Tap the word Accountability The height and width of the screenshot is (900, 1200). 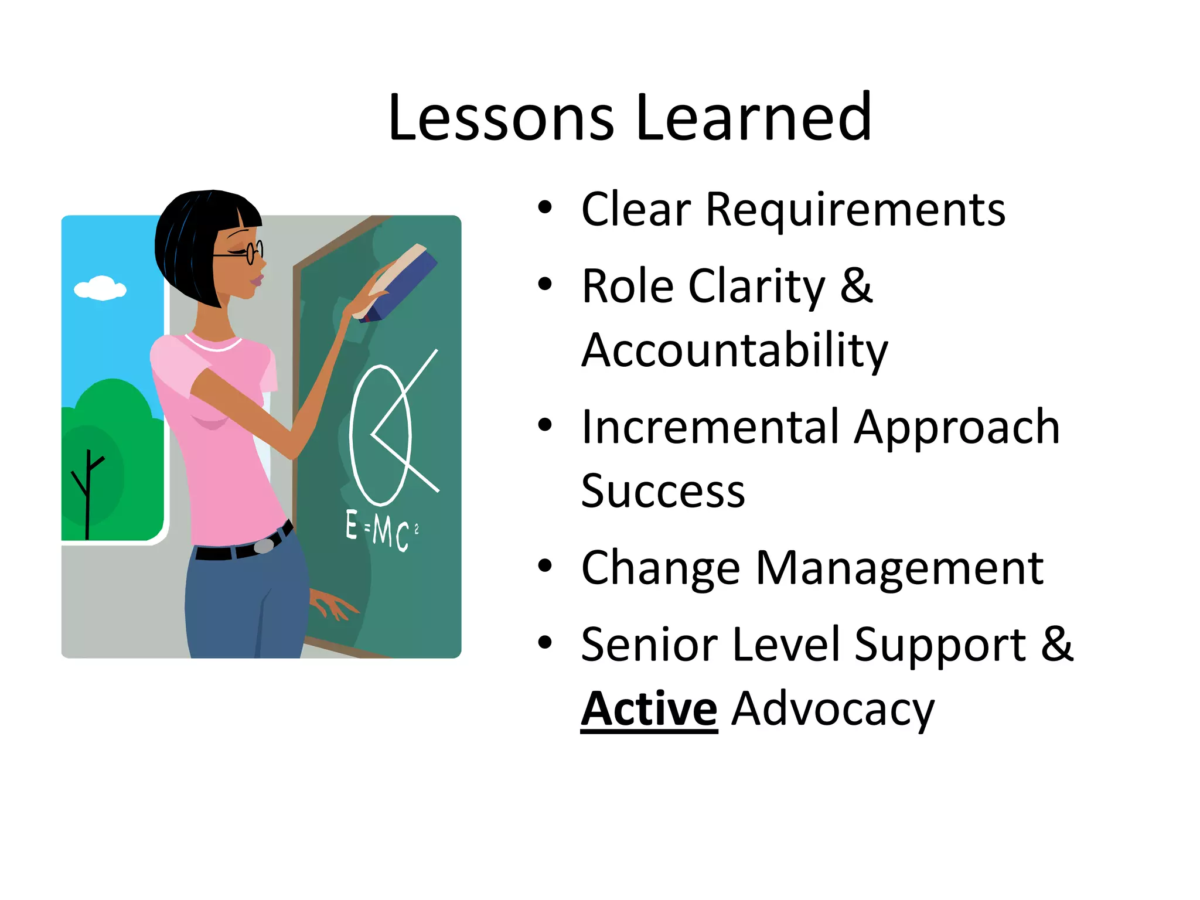[x=734, y=350]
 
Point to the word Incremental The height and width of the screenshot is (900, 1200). [x=709, y=427]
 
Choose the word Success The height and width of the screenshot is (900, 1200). [x=663, y=491]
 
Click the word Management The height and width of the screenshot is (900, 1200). [x=899, y=568]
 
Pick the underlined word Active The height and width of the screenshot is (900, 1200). [x=649, y=709]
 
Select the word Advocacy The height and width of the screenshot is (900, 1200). [x=833, y=709]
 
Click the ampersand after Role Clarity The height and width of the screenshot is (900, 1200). [x=856, y=285]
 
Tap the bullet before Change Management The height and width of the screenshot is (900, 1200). [x=545, y=566]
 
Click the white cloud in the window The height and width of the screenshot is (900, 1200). [x=100, y=288]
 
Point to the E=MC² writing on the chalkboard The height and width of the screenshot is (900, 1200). [x=380, y=530]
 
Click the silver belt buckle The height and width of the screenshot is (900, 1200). [x=264, y=546]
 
